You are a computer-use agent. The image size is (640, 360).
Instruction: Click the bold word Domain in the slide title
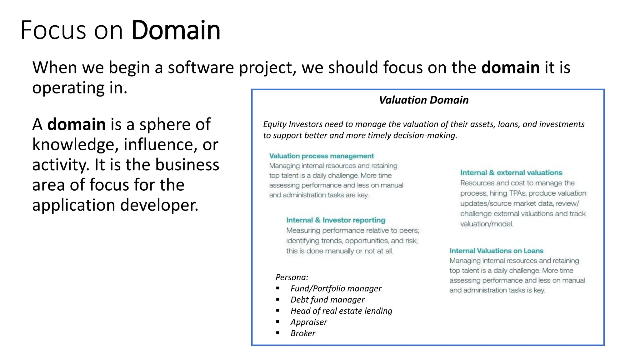point(176,30)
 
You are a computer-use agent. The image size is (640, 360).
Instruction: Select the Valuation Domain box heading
point(424,100)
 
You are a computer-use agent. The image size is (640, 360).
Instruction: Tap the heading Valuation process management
point(322,156)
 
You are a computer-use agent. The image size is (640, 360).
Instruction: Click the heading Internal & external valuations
point(511,173)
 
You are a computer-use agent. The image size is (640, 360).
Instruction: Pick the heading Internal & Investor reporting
point(336,220)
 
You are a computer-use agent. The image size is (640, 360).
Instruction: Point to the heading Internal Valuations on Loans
point(496,251)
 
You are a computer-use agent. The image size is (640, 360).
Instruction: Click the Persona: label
point(292,277)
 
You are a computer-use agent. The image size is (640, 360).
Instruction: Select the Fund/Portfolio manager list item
point(336,288)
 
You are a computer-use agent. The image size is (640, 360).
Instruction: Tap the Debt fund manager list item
point(327,300)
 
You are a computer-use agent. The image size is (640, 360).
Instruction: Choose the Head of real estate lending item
point(341,311)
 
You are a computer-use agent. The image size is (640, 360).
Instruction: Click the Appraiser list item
point(309,322)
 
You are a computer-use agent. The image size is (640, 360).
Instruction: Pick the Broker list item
point(303,333)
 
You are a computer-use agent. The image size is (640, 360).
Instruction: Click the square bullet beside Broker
point(278,333)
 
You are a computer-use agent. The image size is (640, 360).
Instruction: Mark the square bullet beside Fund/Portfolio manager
point(278,288)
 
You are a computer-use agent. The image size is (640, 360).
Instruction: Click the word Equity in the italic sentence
point(275,124)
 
